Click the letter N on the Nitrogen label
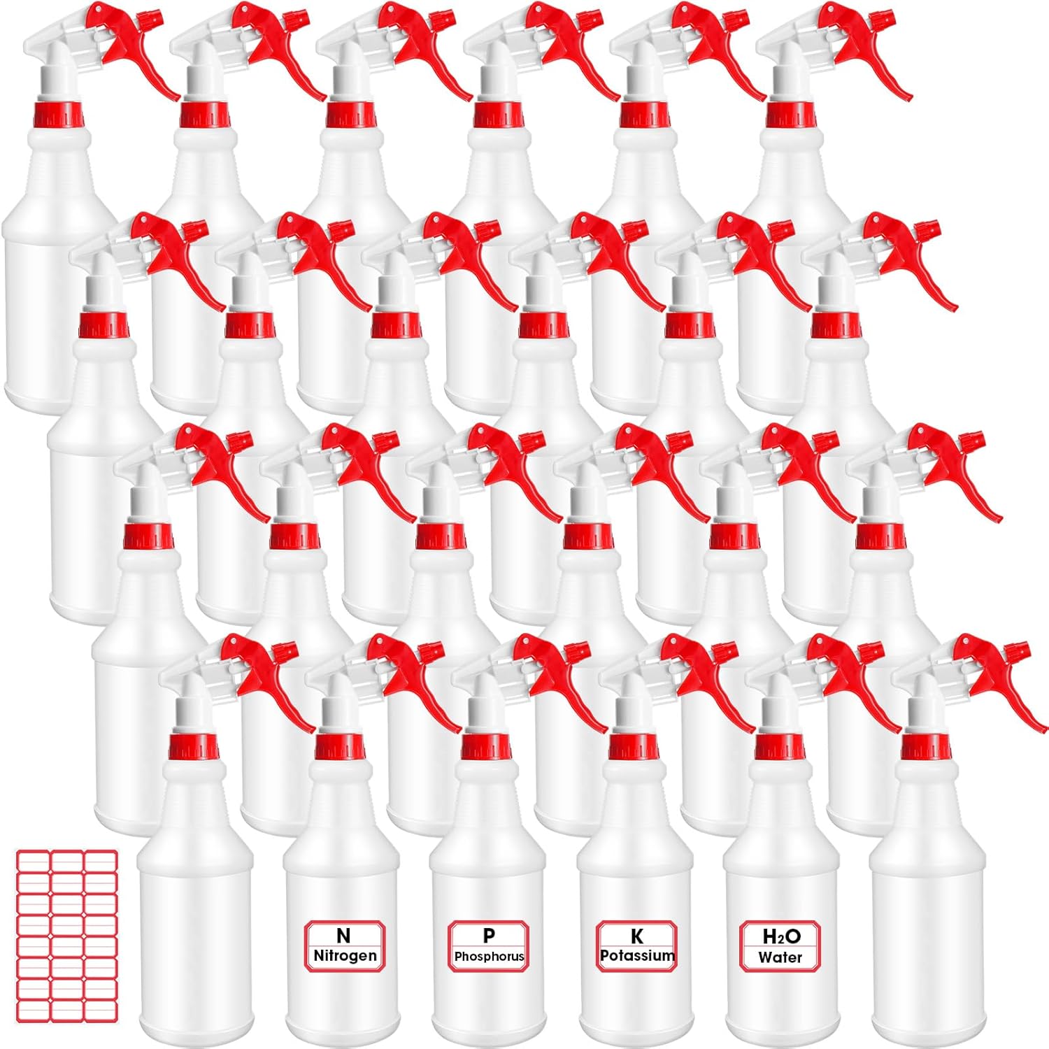point(343,936)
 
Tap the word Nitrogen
point(345,956)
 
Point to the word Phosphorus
point(490,957)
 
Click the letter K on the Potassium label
point(637,936)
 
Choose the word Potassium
point(638,955)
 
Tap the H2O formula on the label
point(781,936)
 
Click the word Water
point(780,957)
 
